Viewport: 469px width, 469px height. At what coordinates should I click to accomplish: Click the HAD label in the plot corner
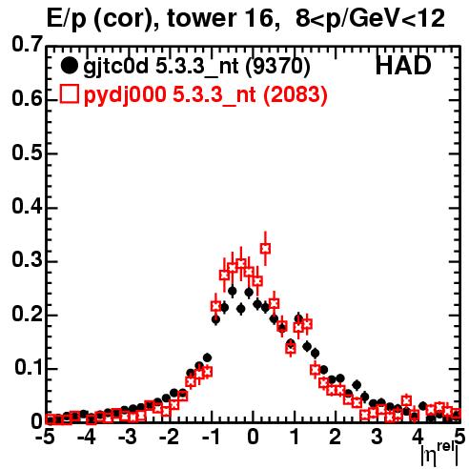point(403,66)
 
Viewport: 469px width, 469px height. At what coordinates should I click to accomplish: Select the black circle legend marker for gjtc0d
point(69,66)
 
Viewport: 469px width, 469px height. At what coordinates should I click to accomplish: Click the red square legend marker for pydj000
point(70,93)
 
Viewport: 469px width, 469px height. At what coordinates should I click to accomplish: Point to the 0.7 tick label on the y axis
point(27,44)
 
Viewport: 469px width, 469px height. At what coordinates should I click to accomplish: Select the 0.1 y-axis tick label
point(29,367)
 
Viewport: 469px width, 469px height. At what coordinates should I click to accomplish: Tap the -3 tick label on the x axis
point(128,437)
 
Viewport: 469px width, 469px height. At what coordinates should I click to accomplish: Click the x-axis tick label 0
point(253,437)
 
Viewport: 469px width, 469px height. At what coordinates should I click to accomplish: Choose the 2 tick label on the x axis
point(336,437)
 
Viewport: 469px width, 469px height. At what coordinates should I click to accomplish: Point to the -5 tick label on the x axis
point(45,437)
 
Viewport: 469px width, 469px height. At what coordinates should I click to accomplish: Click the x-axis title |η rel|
point(439,454)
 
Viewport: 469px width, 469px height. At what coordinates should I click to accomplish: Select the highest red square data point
point(265,249)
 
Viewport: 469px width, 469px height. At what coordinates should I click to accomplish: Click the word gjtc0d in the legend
point(115,68)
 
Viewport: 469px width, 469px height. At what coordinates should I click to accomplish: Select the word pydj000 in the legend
point(125,95)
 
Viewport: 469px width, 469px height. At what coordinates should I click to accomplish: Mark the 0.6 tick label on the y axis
point(27,98)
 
